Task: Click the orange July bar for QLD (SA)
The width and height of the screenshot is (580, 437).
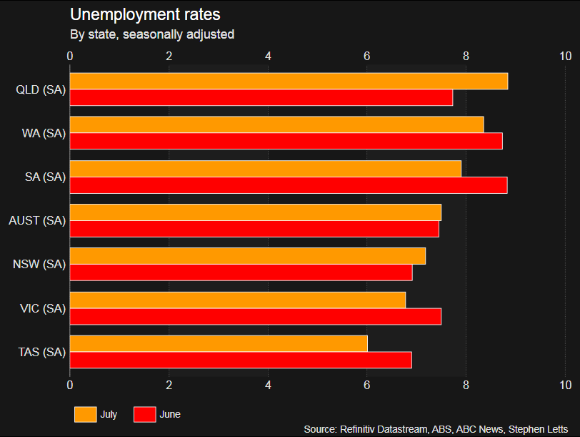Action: click(x=289, y=81)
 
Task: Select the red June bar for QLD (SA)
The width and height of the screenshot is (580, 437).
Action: click(x=261, y=97)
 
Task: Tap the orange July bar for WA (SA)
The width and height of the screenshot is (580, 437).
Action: click(x=276, y=124)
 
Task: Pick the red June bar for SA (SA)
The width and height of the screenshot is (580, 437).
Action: click(x=289, y=185)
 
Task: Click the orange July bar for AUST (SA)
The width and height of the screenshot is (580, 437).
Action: click(x=256, y=212)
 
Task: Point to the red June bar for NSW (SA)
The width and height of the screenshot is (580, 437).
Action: click(x=241, y=272)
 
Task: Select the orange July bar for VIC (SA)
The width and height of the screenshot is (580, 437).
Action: click(x=238, y=300)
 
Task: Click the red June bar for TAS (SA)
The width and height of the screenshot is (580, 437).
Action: click(x=241, y=360)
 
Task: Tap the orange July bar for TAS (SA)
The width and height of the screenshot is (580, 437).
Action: click(x=219, y=343)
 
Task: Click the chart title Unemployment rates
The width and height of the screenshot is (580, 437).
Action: click(x=145, y=14)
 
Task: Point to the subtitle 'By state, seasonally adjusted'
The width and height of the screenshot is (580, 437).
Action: click(x=152, y=34)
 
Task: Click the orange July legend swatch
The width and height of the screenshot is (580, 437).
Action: click(x=85, y=414)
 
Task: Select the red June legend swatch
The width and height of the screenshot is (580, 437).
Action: click(x=145, y=414)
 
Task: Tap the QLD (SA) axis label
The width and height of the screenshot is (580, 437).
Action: click(x=41, y=89)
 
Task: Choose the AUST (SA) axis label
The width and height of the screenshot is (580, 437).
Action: click(x=37, y=221)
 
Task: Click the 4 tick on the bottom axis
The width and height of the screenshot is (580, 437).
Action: click(x=268, y=386)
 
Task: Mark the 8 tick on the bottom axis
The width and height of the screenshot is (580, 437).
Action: click(x=466, y=386)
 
